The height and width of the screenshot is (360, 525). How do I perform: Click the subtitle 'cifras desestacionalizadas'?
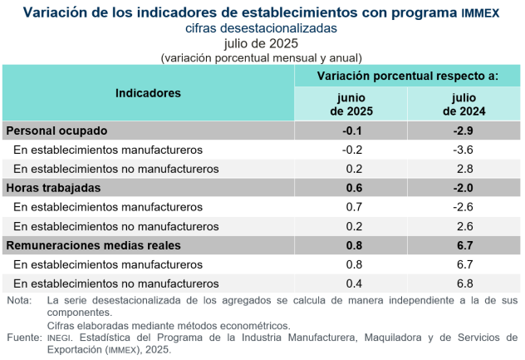(x=262, y=28)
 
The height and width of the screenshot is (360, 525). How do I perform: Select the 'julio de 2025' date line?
(x=262, y=43)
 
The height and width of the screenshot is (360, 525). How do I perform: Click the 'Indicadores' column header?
(x=148, y=94)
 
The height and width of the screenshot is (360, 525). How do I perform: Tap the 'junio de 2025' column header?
(x=351, y=104)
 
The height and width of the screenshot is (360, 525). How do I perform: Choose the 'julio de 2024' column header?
(x=464, y=104)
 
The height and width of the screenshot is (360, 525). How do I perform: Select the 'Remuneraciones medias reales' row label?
(x=93, y=245)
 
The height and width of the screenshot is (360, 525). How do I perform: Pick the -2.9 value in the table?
(x=464, y=131)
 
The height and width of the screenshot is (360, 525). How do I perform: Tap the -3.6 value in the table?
(x=464, y=150)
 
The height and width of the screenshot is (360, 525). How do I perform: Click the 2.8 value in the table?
(x=464, y=169)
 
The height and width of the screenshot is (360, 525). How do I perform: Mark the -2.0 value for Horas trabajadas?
(x=464, y=188)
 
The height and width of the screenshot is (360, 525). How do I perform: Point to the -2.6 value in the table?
(x=464, y=207)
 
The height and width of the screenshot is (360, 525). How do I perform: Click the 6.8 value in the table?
(x=464, y=284)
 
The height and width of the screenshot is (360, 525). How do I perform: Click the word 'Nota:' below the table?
(x=19, y=299)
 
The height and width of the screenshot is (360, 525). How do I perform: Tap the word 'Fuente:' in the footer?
(x=23, y=338)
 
